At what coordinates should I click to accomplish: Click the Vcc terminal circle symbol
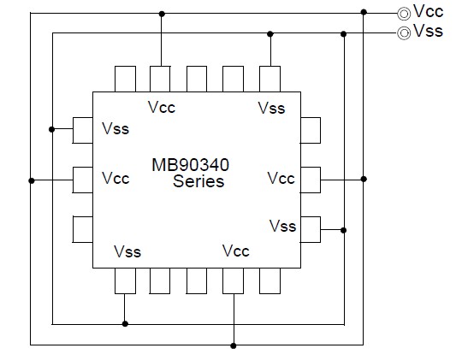tap(403, 13)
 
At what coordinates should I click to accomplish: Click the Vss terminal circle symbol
tap(403, 32)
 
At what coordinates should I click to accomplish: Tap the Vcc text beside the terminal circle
tap(429, 12)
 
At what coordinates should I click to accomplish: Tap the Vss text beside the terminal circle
tap(429, 32)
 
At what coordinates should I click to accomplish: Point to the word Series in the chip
tap(198, 180)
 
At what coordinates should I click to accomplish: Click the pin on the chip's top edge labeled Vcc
tap(161, 79)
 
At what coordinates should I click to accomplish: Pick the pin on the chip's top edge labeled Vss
tap(270, 79)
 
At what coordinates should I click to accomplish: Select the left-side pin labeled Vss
tap(83, 130)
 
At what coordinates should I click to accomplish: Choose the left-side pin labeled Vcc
tap(83, 180)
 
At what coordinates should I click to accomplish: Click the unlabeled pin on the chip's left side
tap(83, 229)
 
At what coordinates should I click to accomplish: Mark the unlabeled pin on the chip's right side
tap(311, 130)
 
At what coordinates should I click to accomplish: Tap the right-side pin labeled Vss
tap(311, 228)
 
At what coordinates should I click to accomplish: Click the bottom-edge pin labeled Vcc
tap(234, 280)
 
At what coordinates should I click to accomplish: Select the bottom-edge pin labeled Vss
tap(125, 280)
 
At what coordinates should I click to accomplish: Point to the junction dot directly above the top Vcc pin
tap(161, 13)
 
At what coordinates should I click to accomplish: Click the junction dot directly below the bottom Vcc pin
tap(234, 345)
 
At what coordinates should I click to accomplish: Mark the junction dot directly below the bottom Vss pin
tap(125, 324)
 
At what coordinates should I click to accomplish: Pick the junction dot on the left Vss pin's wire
tap(53, 130)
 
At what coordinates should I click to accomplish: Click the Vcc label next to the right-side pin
tap(281, 179)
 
